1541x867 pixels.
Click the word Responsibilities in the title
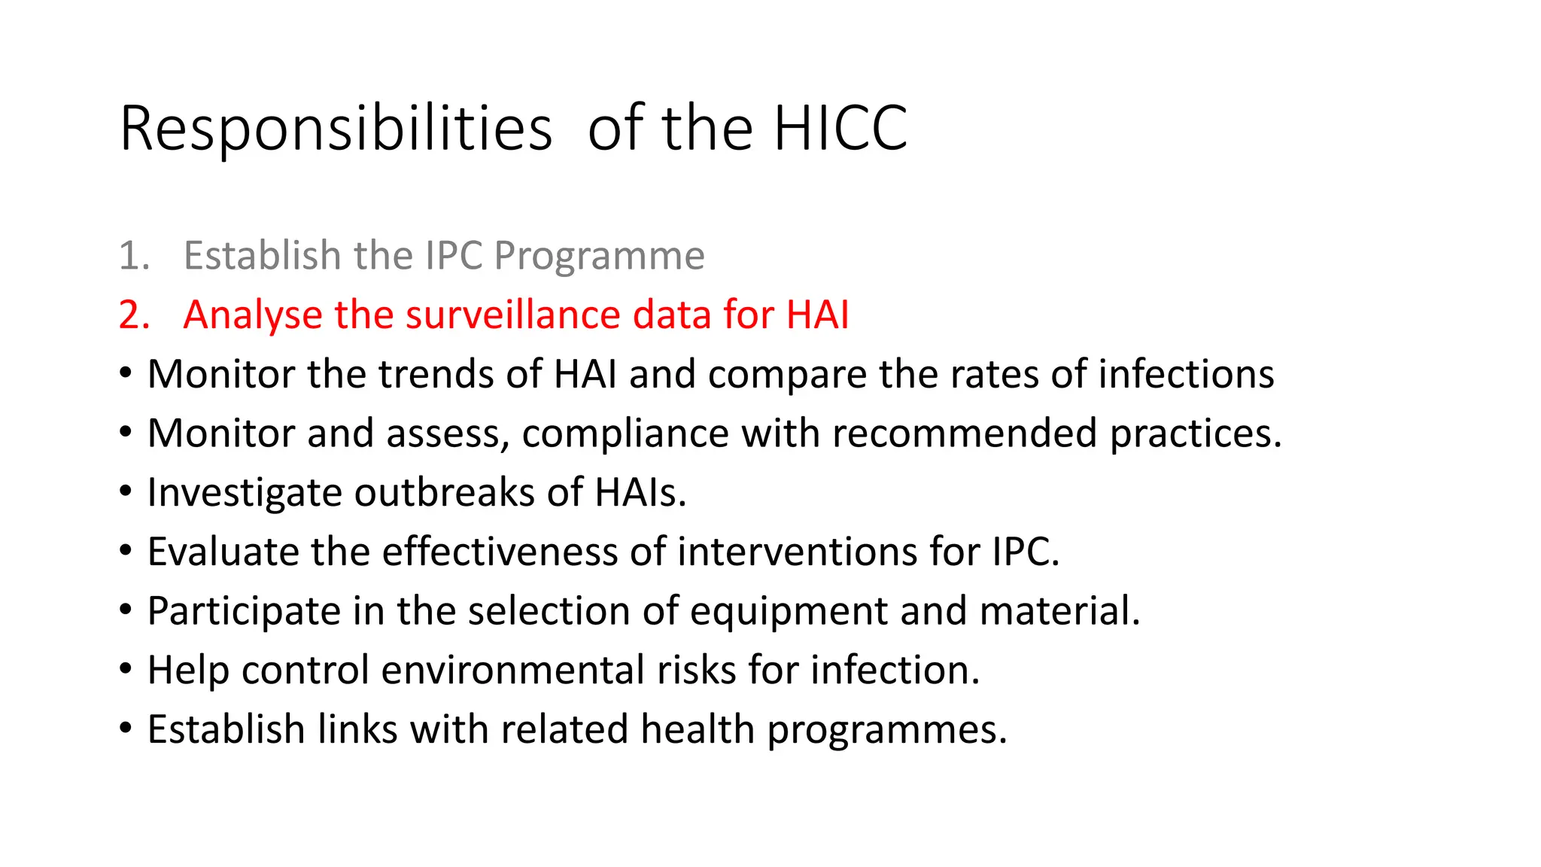click(336, 129)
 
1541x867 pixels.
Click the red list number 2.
click(133, 315)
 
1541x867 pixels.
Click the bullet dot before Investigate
click(126, 491)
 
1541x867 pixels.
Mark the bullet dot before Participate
click(126, 610)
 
